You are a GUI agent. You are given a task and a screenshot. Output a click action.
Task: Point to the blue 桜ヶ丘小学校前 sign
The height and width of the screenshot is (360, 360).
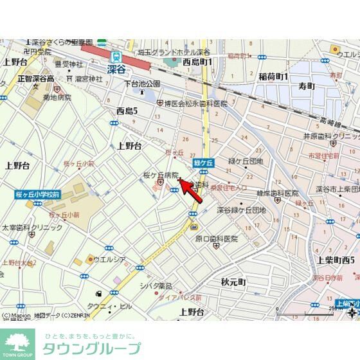[38, 194]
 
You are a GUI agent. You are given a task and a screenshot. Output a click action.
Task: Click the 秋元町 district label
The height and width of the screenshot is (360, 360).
[233, 282]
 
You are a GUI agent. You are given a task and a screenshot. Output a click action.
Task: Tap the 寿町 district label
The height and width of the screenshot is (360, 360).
[306, 85]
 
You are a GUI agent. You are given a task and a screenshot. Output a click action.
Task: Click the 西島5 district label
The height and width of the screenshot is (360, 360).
[127, 111]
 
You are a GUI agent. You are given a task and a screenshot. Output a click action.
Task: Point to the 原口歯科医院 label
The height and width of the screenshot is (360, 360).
[217, 239]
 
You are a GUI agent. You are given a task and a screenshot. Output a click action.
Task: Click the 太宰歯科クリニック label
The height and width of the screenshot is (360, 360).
[32, 228]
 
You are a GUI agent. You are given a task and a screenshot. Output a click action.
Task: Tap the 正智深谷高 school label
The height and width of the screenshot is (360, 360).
[35, 78]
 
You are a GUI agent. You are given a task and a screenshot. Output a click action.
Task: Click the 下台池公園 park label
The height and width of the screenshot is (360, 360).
[141, 84]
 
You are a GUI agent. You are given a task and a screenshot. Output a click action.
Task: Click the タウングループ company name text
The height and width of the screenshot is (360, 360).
[91, 349]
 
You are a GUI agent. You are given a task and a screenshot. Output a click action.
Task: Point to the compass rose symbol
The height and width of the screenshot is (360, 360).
[352, 313]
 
